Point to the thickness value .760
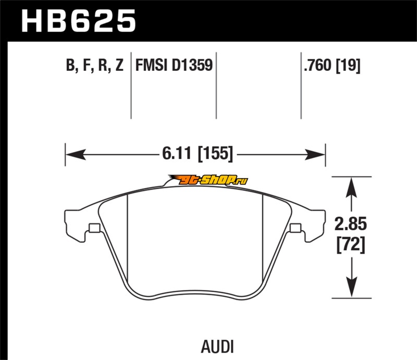pos(320,66)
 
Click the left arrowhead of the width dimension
pos(73,154)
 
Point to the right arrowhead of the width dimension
pos(316,154)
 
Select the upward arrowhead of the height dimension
pos(351,185)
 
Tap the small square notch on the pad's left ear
pos(94,228)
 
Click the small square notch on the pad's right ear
pos(296,228)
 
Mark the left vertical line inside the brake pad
pos(128,240)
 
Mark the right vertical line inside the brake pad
pos(262,240)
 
